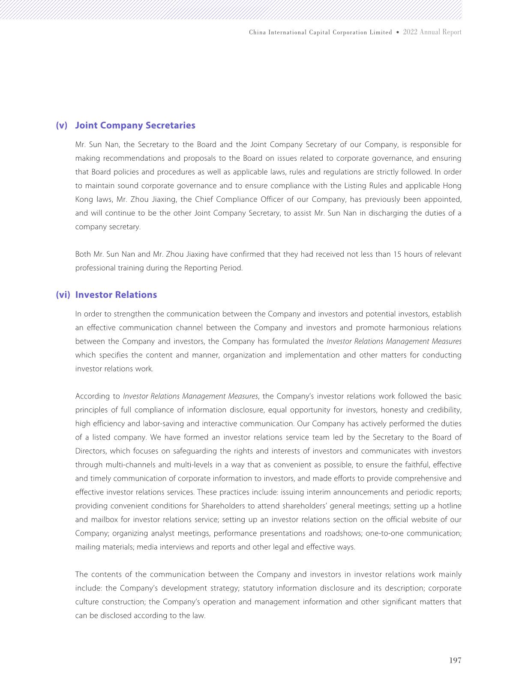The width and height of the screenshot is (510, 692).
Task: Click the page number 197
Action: tap(455, 660)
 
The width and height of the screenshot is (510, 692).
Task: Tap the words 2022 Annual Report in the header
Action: tap(432, 32)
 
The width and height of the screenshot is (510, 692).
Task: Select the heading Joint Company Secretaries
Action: tap(135, 126)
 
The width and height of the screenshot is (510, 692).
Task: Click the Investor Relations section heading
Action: tap(116, 295)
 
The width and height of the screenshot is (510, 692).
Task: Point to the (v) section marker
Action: tap(62, 126)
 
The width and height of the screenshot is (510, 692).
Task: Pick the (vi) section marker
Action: tap(63, 295)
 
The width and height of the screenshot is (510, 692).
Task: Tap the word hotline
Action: tap(450, 506)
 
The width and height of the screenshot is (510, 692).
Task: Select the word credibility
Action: tap(446, 410)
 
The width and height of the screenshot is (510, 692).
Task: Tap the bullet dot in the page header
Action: tap(398, 33)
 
